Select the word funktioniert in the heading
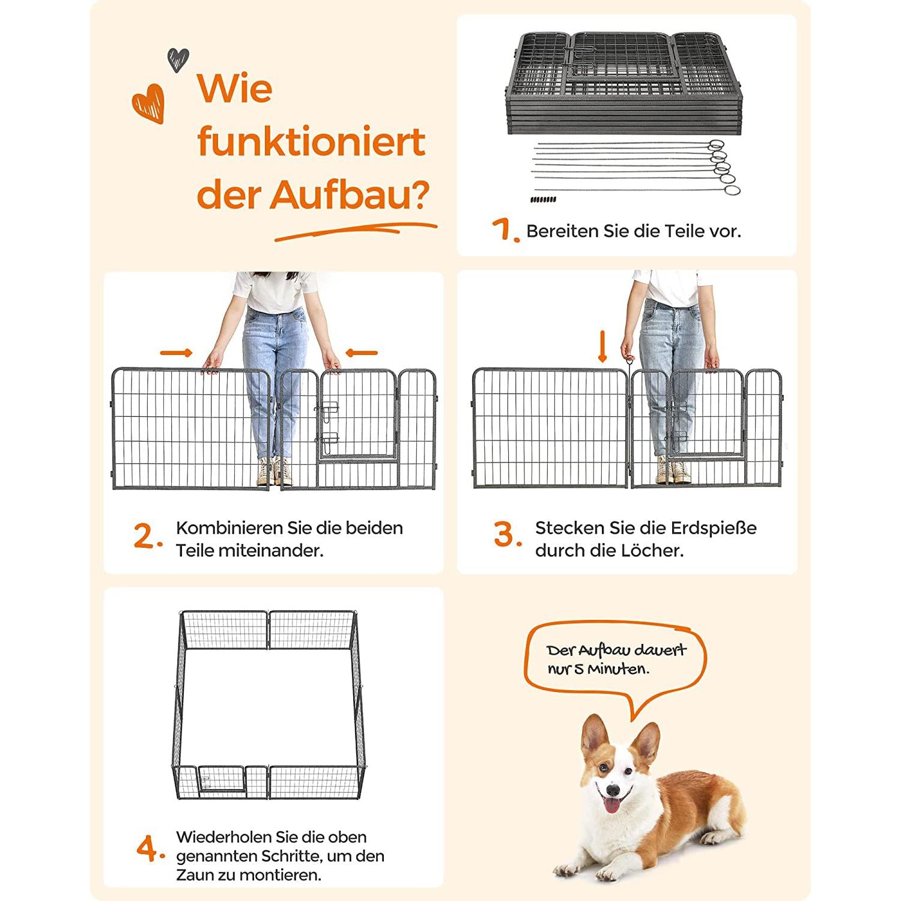(311, 142)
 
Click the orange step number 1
(505, 229)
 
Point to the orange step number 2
(148, 536)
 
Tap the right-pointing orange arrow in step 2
(177, 353)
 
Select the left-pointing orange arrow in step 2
(362, 353)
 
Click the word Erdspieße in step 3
(714, 528)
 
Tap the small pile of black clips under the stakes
(544, 199)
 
